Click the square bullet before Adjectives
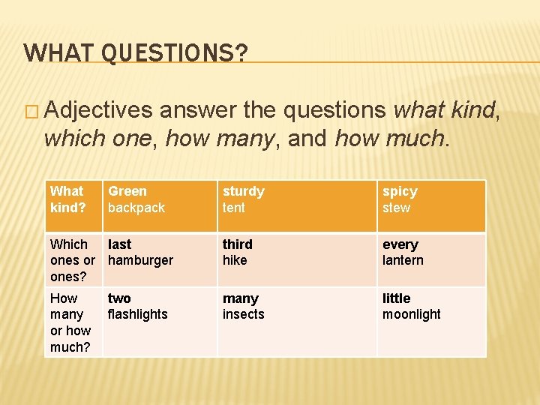click(x=31, y=111)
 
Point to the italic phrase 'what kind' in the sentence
click(x=444, y=110)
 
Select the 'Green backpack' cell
click(x=136, y=199)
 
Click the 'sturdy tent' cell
click(x=244, y=199)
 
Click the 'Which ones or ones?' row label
click(x=72, y=260)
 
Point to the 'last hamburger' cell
click(x=140, y=253)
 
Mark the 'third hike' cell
click(x=238, y=253)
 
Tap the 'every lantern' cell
click(x=403, y=253)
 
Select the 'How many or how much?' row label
click(x=70, y=322)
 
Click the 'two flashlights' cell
click(x=137, y=307)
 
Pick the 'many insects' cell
click(x=243, y=307)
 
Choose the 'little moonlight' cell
click(x=411, y=307)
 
